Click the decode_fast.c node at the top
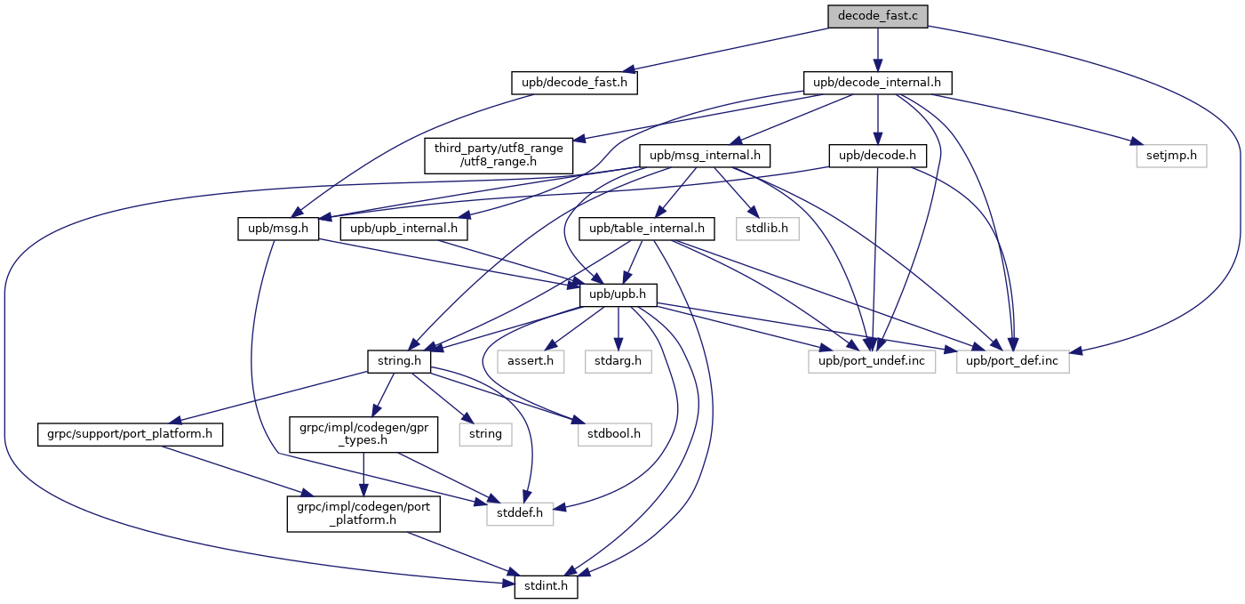coord(878,16)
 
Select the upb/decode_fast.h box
coord(575,83)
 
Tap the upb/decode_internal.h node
coord(878,83)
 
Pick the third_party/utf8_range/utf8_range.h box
coord(499,156)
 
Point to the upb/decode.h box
coord(878,156)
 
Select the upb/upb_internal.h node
coord(403,229)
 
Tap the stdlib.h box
coord(767,229)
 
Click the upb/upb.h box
coord(618,294)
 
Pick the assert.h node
coord(531,361)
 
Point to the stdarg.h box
coord(618,361)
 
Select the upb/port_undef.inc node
coord(871,361)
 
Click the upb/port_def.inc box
coord(1012,361)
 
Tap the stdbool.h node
coord(614,434)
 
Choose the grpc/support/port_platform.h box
coord(130,434)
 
